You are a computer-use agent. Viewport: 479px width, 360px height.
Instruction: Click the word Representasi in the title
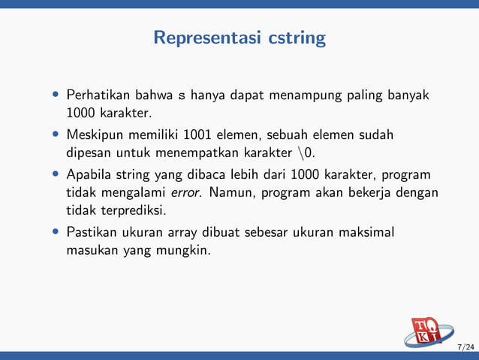(207, 38)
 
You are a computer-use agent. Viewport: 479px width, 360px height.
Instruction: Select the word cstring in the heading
(297, 38)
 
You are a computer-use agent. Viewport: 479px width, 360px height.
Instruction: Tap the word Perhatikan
(96, 96)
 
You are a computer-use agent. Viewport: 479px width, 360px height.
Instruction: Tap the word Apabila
(89, 175)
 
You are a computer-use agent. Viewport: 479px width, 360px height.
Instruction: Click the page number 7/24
(465, 346)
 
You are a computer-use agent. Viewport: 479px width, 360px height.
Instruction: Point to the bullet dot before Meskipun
(56, 136)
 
